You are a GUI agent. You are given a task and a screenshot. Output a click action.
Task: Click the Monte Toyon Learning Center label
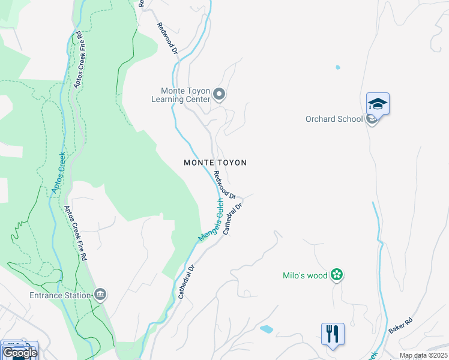click(x=181, y=95)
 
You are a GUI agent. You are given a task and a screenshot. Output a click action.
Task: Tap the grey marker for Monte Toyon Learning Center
click(x=219, y=94)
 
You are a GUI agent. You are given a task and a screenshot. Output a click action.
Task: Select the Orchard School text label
click(x=334, y=119)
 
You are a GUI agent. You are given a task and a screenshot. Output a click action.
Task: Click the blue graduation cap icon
click(x=378, y=104)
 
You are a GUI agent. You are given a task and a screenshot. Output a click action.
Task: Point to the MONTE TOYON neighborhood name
click(x=215, y=163)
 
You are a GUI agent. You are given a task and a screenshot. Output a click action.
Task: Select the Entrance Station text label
click(x=60, y=295)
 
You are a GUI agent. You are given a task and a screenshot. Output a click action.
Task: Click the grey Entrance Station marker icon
click(x=100, y=294)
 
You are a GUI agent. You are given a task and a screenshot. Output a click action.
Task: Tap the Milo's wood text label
click(x=305, y=275)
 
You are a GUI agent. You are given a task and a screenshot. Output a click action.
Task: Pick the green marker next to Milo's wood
click(x=337, y=275)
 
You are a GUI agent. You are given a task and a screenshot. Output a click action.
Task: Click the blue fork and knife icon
click(x=333, y=334)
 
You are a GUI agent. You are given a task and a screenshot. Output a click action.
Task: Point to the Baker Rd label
click(x=401, y=326)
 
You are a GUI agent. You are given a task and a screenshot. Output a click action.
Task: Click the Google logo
click(x=19, y=352)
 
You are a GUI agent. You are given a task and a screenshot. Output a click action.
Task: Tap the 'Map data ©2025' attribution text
click(x=423, y=355)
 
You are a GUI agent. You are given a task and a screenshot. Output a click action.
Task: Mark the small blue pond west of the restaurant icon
click(x=266, y=329)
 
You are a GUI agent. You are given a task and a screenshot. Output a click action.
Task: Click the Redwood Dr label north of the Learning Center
click(x=167, y=38)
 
